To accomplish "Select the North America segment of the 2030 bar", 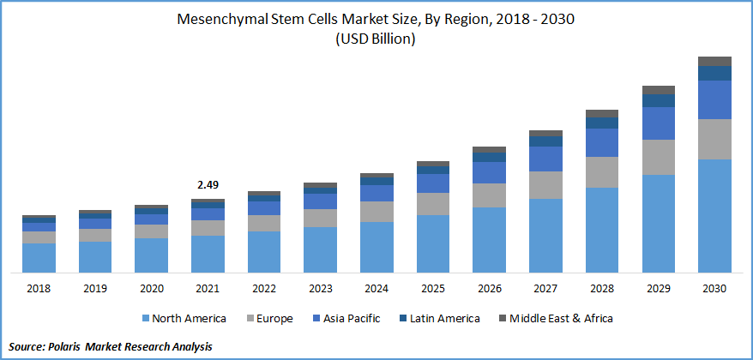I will tap(714, 215).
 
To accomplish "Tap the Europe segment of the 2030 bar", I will tap(714, 139).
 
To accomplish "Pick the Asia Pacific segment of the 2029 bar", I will tap(658, 123).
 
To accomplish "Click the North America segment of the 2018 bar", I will tap(39, 257).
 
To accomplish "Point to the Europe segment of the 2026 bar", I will tap(489, 195).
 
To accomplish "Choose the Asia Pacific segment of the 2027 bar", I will tap(545, 159).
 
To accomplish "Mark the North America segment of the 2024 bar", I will tap(376, 247).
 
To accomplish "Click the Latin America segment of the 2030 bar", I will tap(714, 74).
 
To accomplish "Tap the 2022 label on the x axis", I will tap(263, 289).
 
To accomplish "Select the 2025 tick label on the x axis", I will tap(433, 289).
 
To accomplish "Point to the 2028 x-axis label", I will tap(601, 289).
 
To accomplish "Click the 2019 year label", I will tap(95, 289).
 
